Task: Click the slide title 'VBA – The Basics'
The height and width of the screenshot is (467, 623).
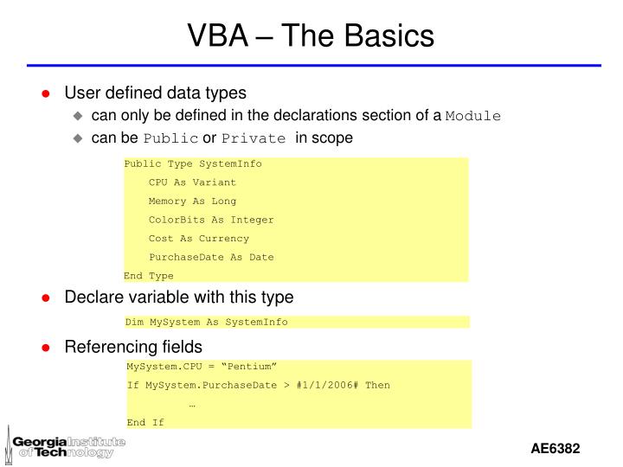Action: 311,36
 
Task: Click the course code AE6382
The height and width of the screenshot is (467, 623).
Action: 555,450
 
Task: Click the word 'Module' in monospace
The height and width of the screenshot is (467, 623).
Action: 473,117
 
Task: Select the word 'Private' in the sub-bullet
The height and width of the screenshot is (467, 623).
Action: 254,138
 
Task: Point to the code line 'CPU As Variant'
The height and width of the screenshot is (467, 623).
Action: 192,182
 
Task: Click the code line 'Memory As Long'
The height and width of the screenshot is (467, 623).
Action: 192,202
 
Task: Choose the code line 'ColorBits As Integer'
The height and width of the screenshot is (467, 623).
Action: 211,220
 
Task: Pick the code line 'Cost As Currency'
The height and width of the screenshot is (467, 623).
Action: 199,239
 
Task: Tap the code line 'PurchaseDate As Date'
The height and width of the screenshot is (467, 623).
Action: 211,257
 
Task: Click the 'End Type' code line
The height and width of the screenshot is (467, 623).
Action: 149,276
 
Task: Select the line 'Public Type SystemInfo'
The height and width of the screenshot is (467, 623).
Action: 193,163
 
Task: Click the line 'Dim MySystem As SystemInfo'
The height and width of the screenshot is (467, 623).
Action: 207,322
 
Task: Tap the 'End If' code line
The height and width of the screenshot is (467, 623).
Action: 145,422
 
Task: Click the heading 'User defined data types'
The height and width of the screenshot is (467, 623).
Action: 156,93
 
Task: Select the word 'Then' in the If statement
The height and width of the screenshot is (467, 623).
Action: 377,385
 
